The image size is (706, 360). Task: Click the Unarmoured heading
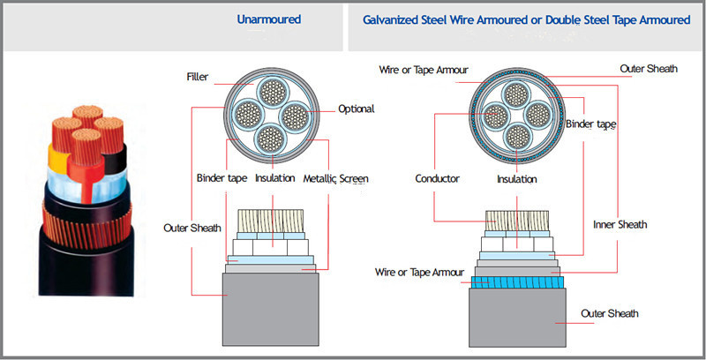pos(269,19)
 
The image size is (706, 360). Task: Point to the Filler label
pos(197,77)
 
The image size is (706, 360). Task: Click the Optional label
pos(357,109)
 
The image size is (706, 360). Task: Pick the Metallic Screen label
pos(335,178)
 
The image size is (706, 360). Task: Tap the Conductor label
pos(437,178)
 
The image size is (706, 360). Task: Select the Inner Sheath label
pos(620,224)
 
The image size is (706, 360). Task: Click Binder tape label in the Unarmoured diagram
pos(222,178)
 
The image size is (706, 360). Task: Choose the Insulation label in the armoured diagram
pos(517,179)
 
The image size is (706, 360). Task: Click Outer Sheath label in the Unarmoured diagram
pos(192,228)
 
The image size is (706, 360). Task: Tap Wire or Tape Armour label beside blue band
pos(419,273)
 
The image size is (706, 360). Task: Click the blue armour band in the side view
pos(517,282)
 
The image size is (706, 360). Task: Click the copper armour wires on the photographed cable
pos(86,227)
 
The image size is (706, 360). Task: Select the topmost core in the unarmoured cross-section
pos(273,93)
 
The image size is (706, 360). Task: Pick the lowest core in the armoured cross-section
pos(517,137)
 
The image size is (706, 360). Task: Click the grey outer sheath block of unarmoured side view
pos(271,309)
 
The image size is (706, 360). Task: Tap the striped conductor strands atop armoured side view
pos(517,221)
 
